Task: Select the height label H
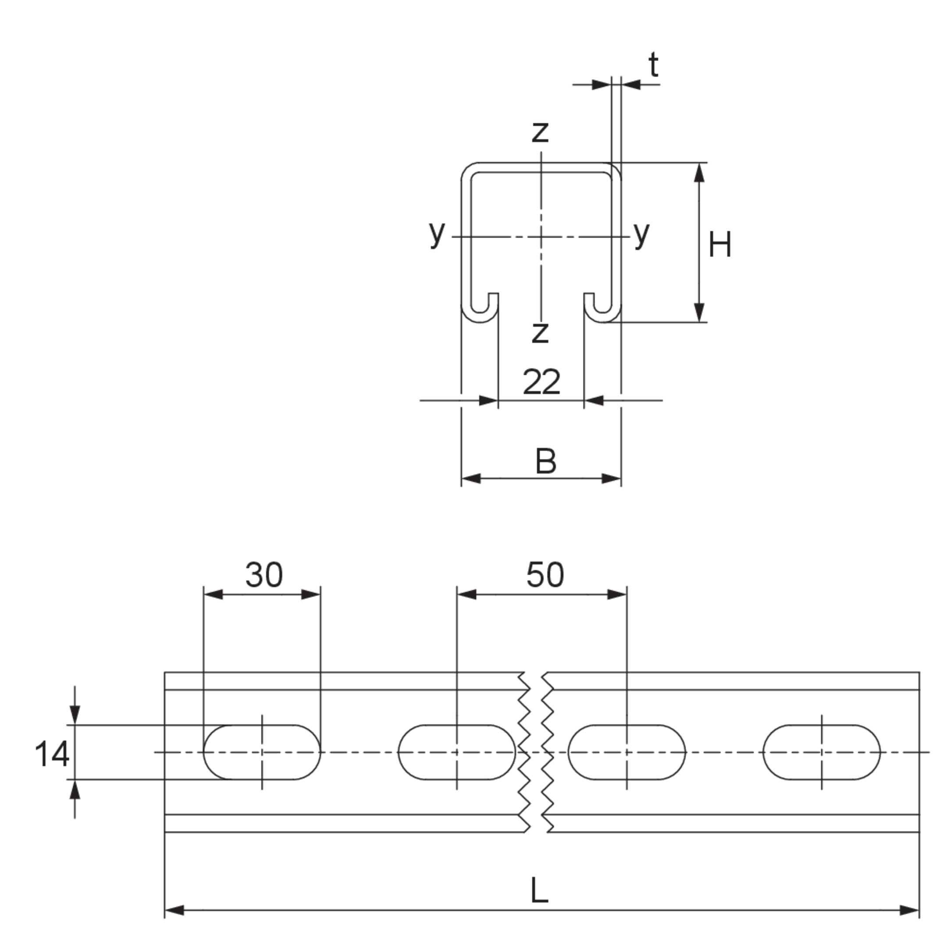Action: click(720, 245)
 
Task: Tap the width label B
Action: click(546, 461)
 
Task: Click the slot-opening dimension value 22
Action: click(541, 382)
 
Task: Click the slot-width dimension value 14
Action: click(52, 754)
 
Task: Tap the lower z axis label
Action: click(540, 333)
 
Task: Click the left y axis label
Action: click(437, 233)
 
